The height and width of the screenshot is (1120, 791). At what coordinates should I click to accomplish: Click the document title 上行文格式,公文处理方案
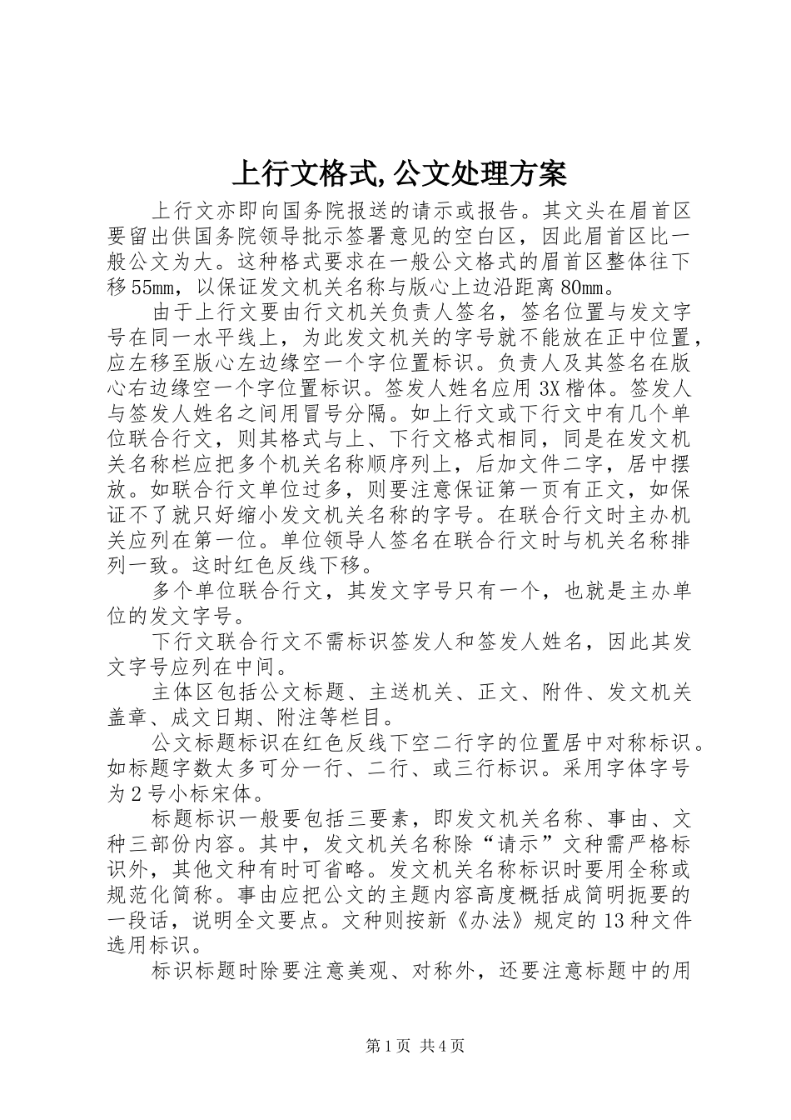(x=398, y=173)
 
